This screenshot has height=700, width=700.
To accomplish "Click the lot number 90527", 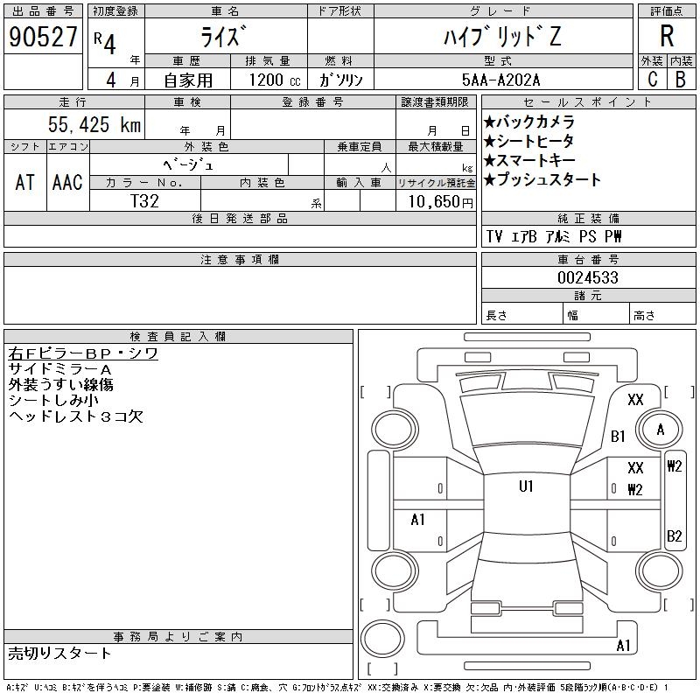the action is tap(43, 36).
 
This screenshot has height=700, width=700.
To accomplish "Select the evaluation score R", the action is tap(667, 36).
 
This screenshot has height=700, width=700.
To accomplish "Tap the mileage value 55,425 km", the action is tap(94, 124).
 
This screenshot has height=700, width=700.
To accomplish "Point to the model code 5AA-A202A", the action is tap(500, 80).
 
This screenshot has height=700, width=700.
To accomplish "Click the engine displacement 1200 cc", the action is tap(275, 80).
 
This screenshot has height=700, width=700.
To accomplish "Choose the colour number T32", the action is tap(144, 201).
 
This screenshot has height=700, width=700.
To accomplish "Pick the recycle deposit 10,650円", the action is tap(441, 201).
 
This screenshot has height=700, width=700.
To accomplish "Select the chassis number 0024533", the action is tap(588, 277).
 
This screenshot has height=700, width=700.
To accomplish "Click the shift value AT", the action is tap(25, 182).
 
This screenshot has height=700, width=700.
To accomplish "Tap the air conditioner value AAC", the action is tap(67, 182).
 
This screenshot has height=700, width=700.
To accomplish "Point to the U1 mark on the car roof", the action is tap(526, 486).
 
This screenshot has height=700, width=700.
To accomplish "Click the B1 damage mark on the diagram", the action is tap(618, 436).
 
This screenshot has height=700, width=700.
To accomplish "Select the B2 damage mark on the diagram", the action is tap(674, 535).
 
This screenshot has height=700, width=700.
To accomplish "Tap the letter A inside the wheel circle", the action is tap(661, 430).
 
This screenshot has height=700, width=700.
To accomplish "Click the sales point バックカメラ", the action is tap(529, 122).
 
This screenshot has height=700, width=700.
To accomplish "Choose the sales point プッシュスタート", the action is tap(542, 179).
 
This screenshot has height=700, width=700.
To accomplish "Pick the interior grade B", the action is tap(681, 80).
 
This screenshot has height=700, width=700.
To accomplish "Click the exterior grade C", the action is tap(652, 80).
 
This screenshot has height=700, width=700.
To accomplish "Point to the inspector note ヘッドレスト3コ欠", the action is tap(76, 416).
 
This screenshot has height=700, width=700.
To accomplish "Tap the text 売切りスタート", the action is tap(59, 653).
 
